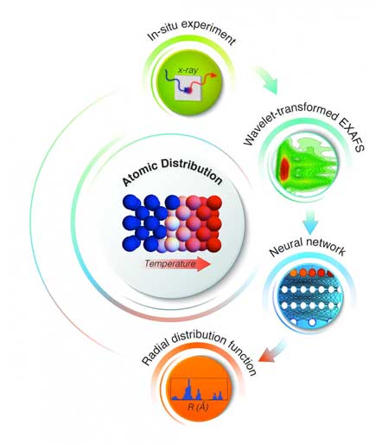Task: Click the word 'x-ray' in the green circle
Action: (x=188, y=70)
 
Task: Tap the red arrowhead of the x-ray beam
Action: (x=213, y=75)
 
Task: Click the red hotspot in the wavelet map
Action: (x=285, y=167)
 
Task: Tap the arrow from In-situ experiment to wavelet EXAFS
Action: (x=266, y=80)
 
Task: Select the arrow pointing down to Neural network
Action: (x=310, y=222)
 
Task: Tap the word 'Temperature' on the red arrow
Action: (x=169, y=264)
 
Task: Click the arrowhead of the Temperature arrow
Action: (x=204, y=264)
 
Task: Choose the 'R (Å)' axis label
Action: (x=198, y=407)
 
